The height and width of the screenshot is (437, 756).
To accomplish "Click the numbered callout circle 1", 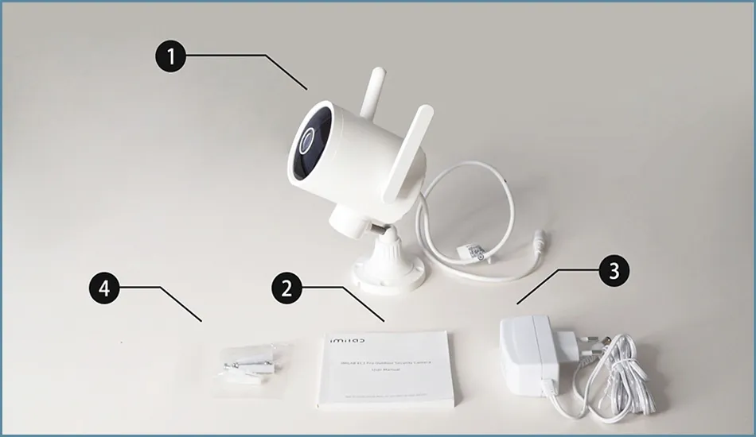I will tap(170, 57).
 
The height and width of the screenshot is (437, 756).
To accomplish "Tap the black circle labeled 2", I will tap(286, 288).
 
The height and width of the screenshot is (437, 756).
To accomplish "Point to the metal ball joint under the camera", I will tap(380, 230).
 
